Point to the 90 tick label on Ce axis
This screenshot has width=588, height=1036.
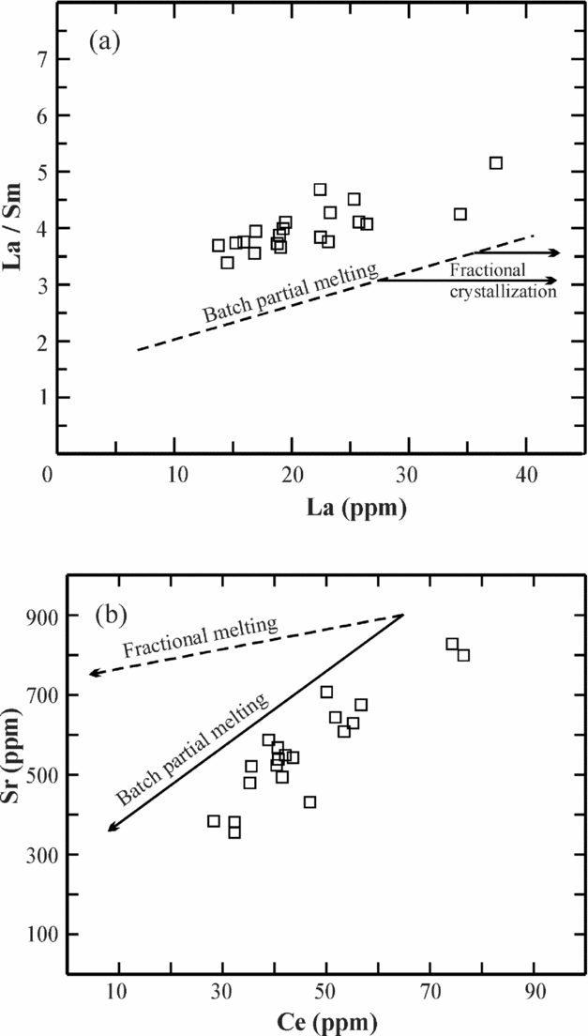[x=534, y=992]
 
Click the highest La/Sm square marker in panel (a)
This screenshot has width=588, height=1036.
[x=496, y=163]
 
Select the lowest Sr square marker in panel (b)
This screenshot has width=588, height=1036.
[x=234, y=832]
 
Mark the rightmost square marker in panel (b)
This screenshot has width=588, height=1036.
[x=463, y=655]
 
